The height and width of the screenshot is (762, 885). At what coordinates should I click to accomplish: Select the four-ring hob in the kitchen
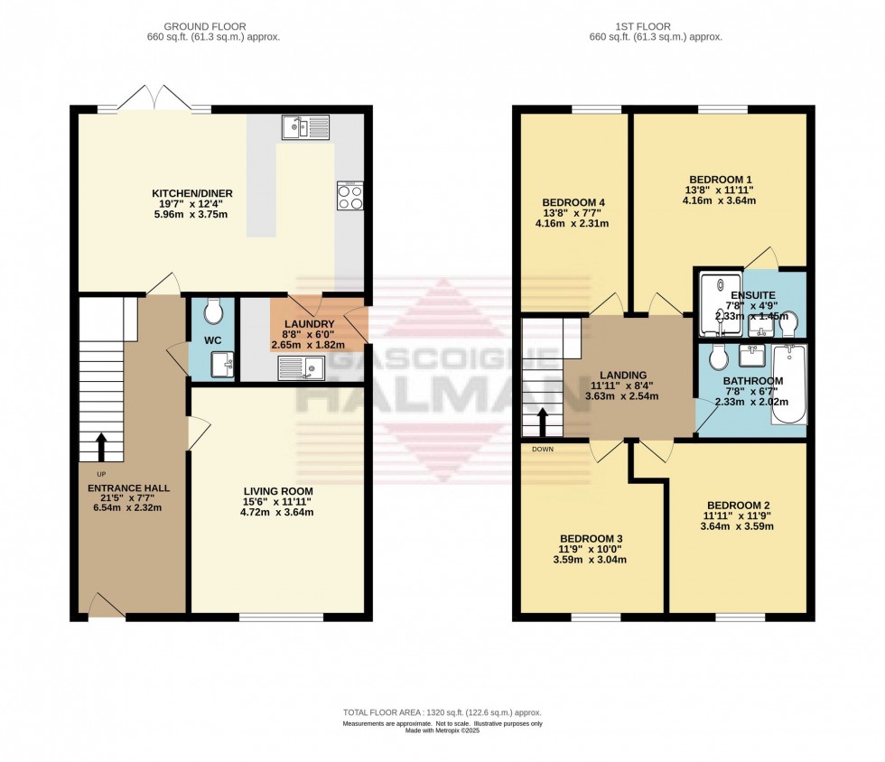tap(349, 195)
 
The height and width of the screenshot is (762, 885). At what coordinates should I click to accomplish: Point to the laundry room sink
tap(302, 367)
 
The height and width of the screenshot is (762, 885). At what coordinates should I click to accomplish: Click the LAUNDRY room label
tap(311, 325)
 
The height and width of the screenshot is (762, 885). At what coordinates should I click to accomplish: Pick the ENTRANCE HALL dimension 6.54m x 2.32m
tap(127, 508)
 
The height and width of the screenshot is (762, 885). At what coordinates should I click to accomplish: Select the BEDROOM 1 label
tap(719, 178)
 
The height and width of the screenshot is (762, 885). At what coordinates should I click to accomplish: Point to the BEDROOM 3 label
tap(589, 538)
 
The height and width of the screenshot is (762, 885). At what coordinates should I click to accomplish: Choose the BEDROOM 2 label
tap(738, 505)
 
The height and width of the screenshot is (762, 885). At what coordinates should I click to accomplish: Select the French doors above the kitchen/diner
tap(154, 98)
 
